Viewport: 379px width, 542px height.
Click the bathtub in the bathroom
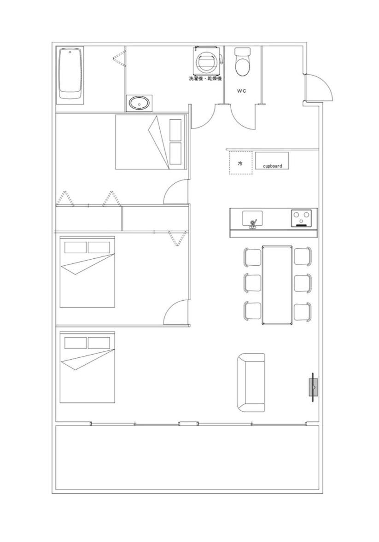pyautogui.click(x=70, y=74)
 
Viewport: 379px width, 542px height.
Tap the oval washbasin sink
pyautogui.click(x=140, y=103)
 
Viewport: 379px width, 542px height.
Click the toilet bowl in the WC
pyautogui.click(x=242, y=62)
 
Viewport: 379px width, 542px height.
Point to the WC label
pyautogui.click(x=241, y=91)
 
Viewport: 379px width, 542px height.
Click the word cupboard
pyautogui.click(x=273, y=166)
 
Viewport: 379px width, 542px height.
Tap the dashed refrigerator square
pyautogui.click(x=241, y=163)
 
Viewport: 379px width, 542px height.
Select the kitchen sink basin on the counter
pyautogui.click(x=252, y=218)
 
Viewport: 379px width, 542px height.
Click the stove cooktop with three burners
pyautogui.click(x=302, y=218)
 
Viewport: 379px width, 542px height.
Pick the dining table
pyautogui.click(x=277, y=286)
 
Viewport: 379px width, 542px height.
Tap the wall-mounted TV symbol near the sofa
pyautogui.click(x=314, y=387)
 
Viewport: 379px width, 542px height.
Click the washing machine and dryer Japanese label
pyautogui.click(x=205, y=79)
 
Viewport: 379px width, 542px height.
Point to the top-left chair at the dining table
pyautogui.click(x=252, y=257)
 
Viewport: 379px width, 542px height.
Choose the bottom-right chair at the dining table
pyautogui.click(x=302, y=312)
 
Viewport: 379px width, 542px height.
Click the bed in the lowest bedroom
pyautogui.click(x=87, y=367)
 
